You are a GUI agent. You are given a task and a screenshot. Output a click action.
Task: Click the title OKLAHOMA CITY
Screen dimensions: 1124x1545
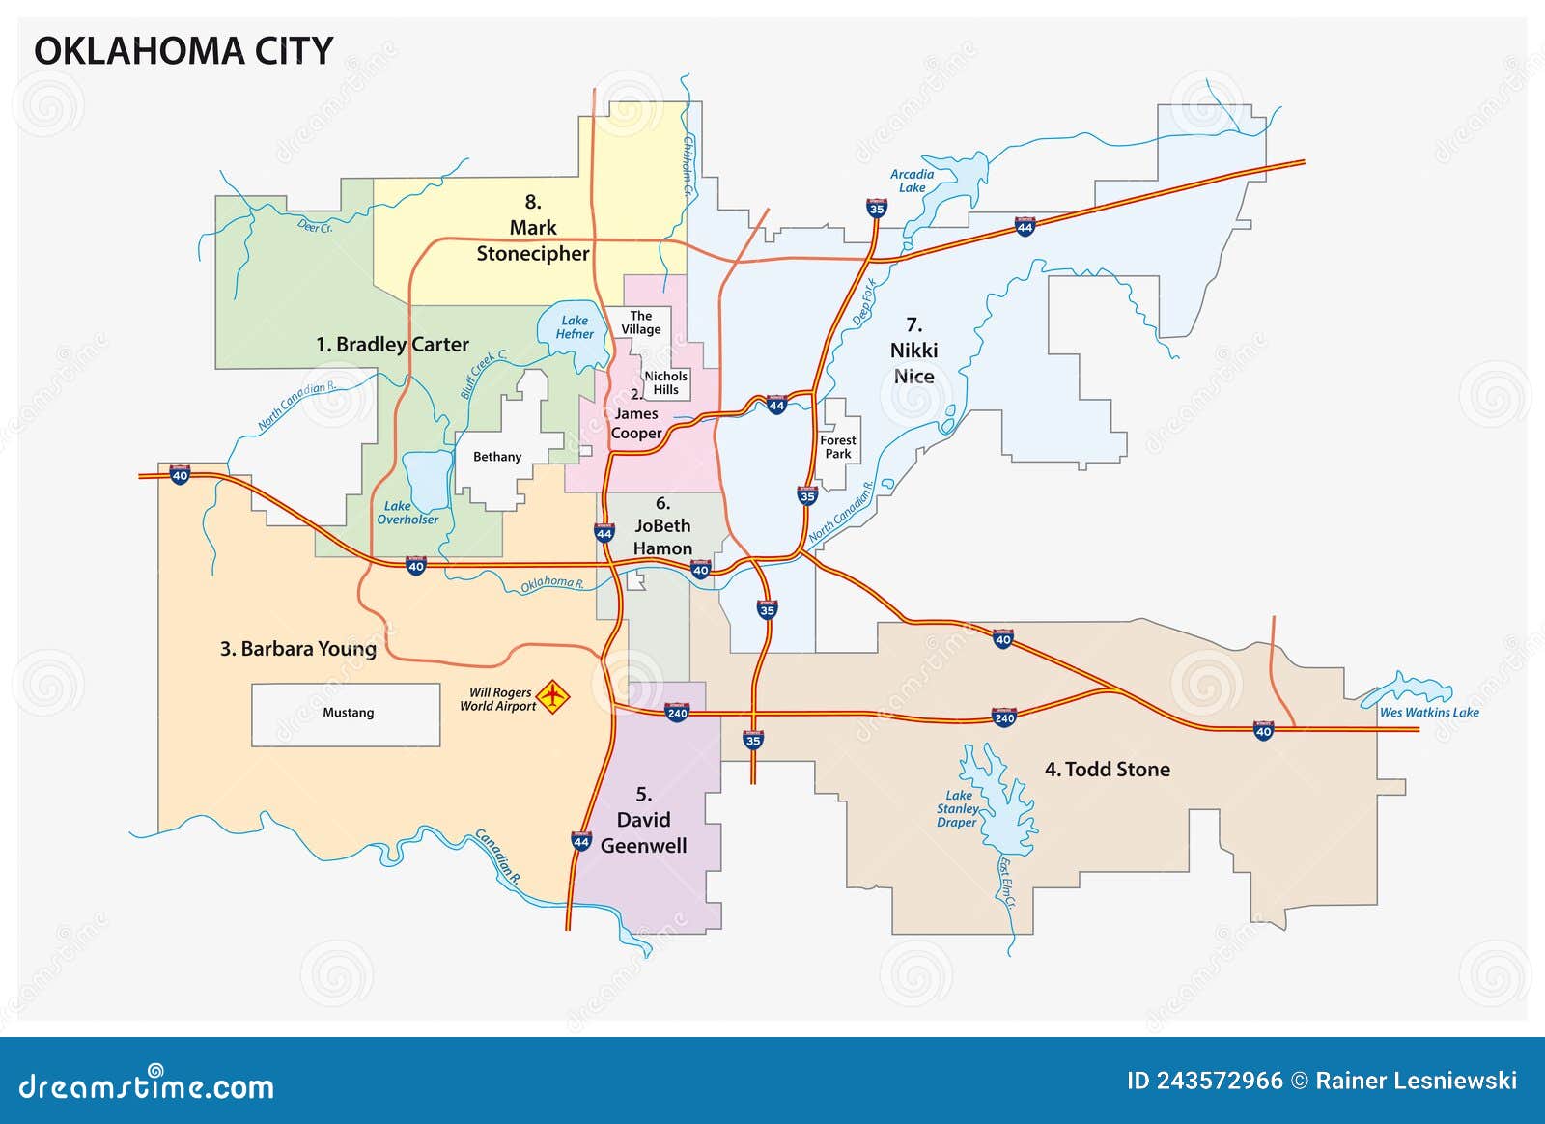point(183,51)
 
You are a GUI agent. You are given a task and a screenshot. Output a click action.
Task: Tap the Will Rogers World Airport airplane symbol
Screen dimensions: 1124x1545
point(552,695)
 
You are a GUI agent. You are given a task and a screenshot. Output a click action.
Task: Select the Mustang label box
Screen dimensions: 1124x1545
point(347,714)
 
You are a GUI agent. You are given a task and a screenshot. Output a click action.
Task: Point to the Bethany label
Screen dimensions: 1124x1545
point(496,457)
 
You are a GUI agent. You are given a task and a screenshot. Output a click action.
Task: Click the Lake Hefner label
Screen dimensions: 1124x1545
point(575,327)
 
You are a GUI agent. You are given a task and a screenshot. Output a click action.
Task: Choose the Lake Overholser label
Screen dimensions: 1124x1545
point(407,513)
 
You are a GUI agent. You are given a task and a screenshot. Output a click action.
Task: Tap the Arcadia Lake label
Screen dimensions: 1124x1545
point(912,182)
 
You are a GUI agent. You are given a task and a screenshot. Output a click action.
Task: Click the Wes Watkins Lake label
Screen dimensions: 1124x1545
point(1428,713)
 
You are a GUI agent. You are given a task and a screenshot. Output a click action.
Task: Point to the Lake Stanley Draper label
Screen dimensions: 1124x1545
point(957,809)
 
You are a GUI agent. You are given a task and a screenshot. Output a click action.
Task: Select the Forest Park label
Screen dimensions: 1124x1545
point(837,446)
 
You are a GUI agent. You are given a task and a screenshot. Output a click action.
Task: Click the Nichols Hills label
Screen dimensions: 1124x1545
point(665,383)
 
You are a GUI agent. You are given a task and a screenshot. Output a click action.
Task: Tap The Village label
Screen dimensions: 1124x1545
point(641,323)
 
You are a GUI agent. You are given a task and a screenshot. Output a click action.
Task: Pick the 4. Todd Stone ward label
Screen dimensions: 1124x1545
point(1107,770)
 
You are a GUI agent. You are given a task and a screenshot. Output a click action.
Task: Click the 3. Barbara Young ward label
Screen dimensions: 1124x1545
point(297,649)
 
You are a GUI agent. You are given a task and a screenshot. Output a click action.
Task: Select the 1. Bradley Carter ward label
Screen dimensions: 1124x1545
point(392,345)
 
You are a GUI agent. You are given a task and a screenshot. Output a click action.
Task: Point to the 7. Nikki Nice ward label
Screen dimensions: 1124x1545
point(913,351)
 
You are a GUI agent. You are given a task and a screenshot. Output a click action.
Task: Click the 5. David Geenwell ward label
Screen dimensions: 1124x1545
point(643,820)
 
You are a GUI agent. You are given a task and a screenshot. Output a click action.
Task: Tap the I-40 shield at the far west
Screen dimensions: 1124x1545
point(180,475)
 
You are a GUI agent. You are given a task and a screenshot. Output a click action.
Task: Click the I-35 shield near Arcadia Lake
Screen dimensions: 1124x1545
point(876,208)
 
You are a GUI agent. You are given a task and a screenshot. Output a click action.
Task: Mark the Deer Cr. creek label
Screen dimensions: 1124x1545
point(315,226)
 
